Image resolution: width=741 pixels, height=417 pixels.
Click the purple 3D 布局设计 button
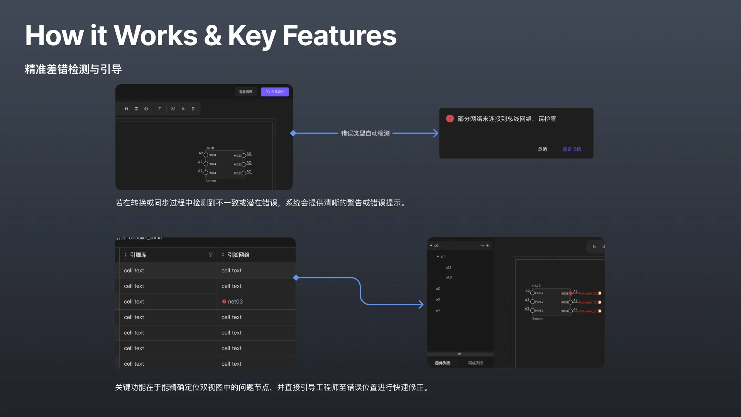275,92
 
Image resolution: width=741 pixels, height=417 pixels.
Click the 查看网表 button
245,92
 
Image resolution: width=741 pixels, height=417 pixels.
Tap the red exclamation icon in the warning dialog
450,119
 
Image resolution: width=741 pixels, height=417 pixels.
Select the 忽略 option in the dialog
543,149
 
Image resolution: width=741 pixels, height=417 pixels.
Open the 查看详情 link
572,149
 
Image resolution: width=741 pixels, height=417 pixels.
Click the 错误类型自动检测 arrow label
365,133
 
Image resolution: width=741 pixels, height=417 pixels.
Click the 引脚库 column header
138,255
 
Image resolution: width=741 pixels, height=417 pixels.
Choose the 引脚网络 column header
238,255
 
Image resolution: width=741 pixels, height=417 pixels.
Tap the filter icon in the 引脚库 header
210,255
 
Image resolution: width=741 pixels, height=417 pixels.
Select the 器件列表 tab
443,363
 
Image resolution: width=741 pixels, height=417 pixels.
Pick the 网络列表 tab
476,363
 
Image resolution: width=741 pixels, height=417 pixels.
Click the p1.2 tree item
448,278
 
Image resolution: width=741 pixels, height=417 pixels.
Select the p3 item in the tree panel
438,300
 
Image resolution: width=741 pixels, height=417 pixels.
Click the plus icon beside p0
487,246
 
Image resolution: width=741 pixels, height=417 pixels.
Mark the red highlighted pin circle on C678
570,293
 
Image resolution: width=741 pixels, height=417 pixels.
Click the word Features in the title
340,36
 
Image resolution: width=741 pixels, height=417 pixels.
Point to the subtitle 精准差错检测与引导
73,69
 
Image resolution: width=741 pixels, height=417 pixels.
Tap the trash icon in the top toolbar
193,109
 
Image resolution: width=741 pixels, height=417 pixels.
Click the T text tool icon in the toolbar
160,109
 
